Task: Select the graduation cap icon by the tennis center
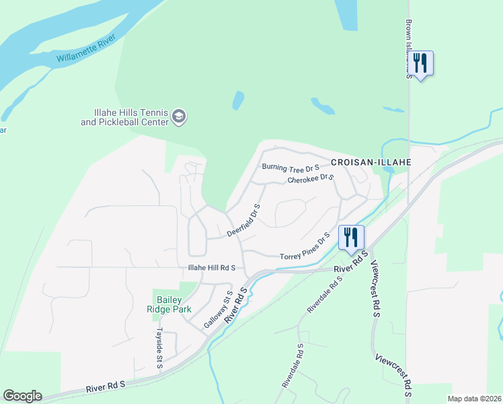click(x=179, y=117)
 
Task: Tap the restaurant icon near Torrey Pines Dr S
click(x=350, y=237)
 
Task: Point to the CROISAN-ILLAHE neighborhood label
click(x=371, y=162)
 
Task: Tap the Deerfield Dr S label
click(x=243, y=220)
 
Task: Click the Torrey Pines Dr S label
click(x=305, y=248)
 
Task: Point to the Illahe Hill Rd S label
click(x=211, y=267)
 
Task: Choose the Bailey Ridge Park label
click(x=174, y=304)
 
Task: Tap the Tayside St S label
click(x=159, y=349)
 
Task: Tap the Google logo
click(x=22, y=396)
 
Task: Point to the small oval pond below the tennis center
click(x=238, y=100)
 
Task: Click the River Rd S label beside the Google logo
click(x=106, y=386)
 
